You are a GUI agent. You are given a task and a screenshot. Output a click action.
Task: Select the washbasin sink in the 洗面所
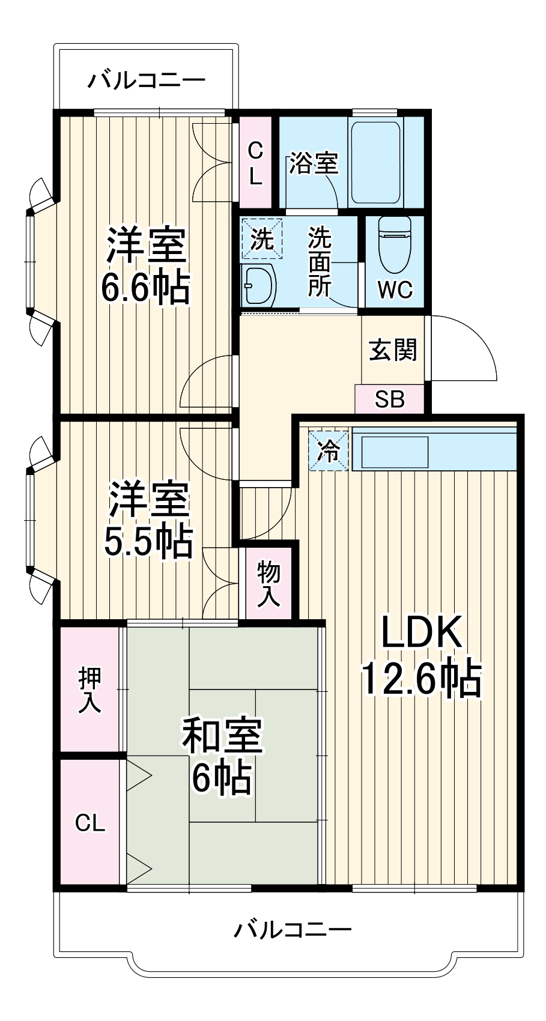click(x=258, y=285)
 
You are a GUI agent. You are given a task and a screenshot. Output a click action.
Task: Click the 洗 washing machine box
click(x=262, y=239)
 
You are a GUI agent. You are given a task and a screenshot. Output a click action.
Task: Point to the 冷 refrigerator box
click(x=329, y=451)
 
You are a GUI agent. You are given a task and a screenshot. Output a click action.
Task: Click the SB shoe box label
click(x=390, y=399)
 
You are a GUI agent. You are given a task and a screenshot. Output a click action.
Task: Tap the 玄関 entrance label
click(x=393, y=350)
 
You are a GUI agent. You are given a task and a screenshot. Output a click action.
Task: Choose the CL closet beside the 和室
click(x=90, y=823)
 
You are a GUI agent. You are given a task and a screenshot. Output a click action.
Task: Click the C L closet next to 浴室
click(x=255, y=162)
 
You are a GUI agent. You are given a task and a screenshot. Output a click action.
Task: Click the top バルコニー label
click(x=147, y=80)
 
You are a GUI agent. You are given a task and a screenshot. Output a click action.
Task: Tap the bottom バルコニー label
click(x=293, y=930)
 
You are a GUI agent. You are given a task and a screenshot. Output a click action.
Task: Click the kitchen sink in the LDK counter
click(x=393, y=453)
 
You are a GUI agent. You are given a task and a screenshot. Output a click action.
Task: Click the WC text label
click(x=395, y=290)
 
